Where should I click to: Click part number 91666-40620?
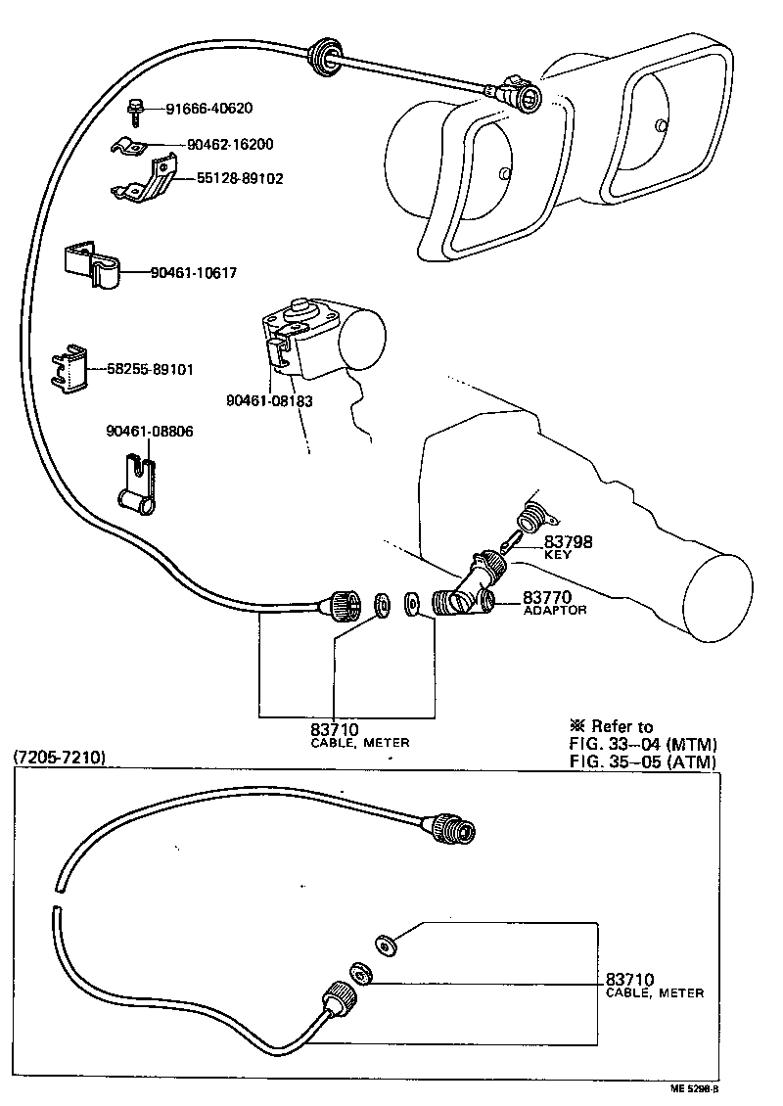tap(209, 108)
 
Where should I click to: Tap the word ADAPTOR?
tap(554, 610)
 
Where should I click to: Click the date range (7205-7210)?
tap(59, 759)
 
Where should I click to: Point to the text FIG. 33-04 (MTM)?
tap(642, 744)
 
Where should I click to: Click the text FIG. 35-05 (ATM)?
tap(642, 761)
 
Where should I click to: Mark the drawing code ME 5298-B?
tap(694, 1088)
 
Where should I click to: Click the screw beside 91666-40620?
tap(138, 110)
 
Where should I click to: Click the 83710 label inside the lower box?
tap(629, 979)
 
